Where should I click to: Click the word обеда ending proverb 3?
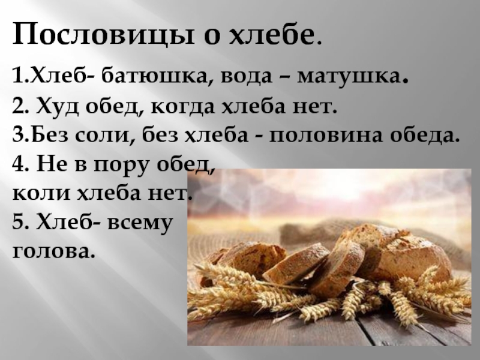click(x=425, y=136)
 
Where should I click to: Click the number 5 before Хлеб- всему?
click(x=17, y=221)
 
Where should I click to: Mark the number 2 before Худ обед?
click(x=17, y=107)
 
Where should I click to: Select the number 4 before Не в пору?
click(x=18, y=164)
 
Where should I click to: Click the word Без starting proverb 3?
click(x=49, y=136)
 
